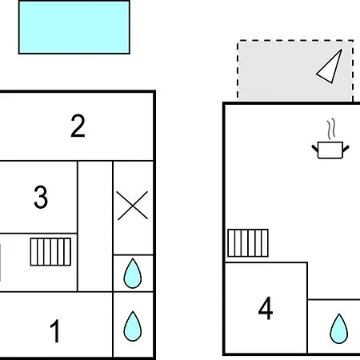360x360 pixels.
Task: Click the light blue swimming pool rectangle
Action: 74,27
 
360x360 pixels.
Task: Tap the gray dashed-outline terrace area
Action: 295,70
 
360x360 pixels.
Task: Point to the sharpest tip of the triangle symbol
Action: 341,50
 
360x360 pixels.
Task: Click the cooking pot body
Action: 330,150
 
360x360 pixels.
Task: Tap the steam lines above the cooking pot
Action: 330,130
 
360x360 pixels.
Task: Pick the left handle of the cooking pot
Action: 315,148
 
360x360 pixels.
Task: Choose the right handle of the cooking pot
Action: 346,149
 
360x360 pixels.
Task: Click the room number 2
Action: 78,126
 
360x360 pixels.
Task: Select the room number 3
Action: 41,197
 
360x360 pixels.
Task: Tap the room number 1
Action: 55,331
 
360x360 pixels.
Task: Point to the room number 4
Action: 266,308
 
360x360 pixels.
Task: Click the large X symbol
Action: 133,206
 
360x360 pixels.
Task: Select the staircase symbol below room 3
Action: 50,252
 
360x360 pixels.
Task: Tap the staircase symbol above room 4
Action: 248,242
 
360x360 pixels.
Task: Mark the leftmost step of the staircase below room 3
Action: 34,252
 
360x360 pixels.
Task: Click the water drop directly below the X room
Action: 133,274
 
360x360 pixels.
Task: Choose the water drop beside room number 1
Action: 133,326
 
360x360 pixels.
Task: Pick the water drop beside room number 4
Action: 339,329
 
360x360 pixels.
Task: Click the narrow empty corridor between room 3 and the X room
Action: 95,226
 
